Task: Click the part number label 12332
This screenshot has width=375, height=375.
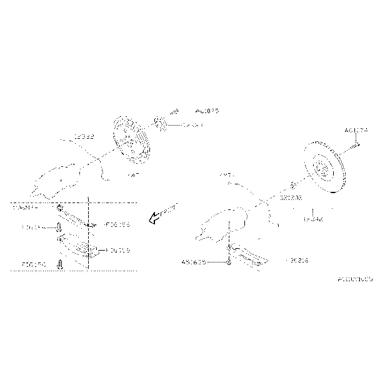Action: pyautogui.click(x=84, y=136)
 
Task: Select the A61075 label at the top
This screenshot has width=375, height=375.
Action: pyautogui.click(x=207, y=111)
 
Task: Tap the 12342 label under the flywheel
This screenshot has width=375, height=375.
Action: pyautogui.click(x=312, y=219)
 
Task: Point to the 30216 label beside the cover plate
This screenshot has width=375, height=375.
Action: pyautogui.click(x=297, y=259)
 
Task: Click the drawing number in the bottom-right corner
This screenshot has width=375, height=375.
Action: pyautogui.click(x=354, y=279)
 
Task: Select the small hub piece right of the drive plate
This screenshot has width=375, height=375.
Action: pyautogui.click(x=159, y=124)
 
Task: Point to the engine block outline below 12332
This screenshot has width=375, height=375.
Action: pyautogui.click(x=59, y=179)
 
